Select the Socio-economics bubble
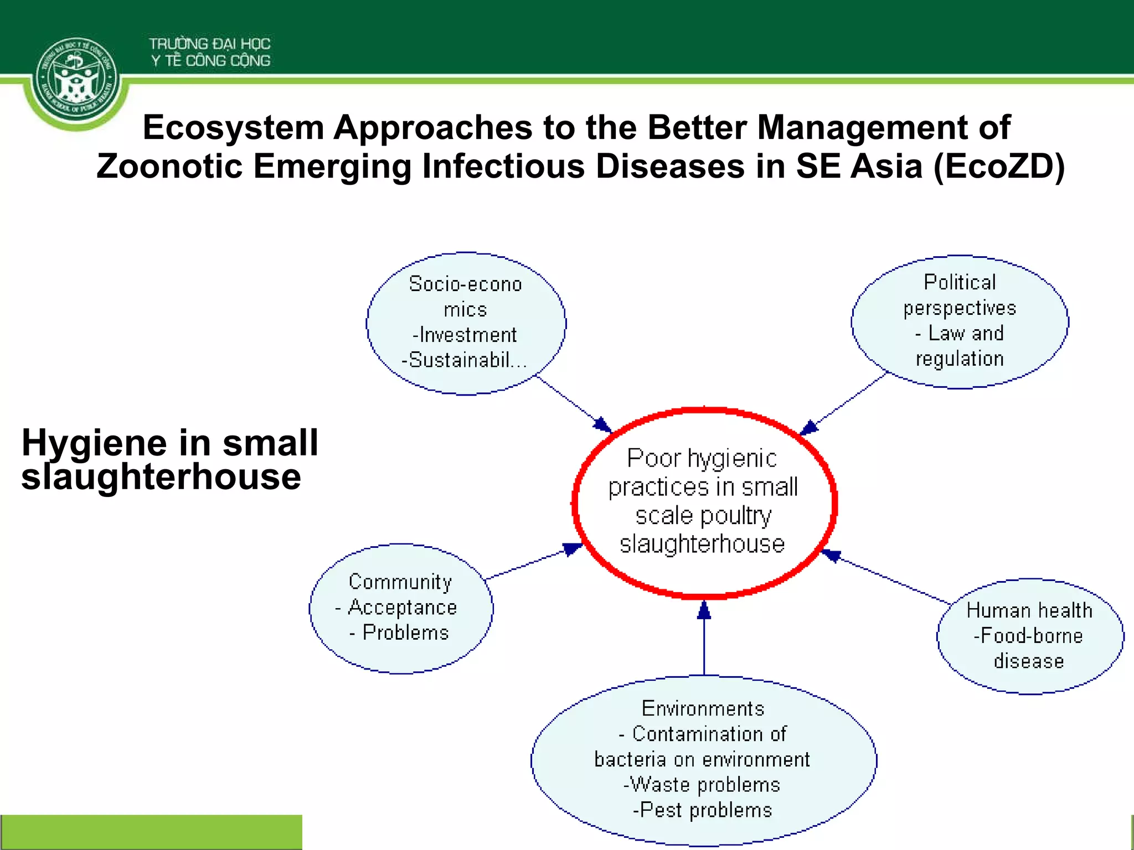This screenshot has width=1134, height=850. point(466,324)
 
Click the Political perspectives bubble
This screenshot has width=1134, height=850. point(960,322)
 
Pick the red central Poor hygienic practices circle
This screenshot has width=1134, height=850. point(704,502)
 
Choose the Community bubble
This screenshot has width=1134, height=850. point(401,608)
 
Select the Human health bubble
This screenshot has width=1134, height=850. point(1029,636)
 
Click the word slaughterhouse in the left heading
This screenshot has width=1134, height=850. point(161,477)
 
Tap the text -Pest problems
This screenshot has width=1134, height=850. point(702,810)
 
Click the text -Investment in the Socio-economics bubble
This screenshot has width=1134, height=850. point(465,335)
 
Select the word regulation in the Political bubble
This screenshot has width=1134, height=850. point(960,359)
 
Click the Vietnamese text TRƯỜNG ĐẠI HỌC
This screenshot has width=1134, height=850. point(209,44)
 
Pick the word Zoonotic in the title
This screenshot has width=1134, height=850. point(170,166)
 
